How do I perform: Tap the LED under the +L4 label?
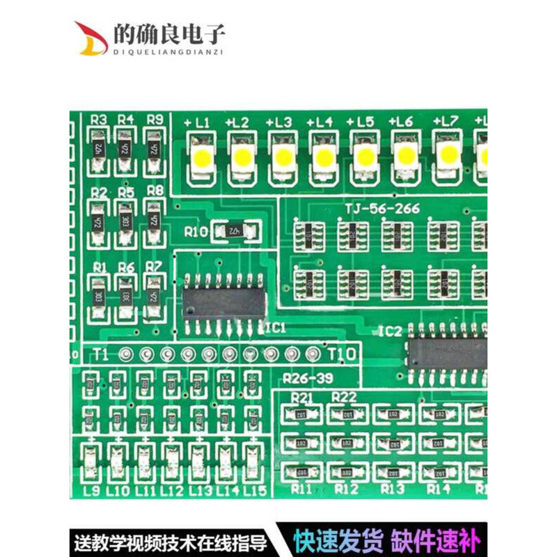323,157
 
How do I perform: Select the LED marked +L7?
448,155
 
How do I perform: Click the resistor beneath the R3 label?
99,148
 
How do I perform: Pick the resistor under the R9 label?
155,148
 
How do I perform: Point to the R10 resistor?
237,231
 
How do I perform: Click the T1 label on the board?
100,353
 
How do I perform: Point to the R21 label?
302,397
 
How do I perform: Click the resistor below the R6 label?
126,295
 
